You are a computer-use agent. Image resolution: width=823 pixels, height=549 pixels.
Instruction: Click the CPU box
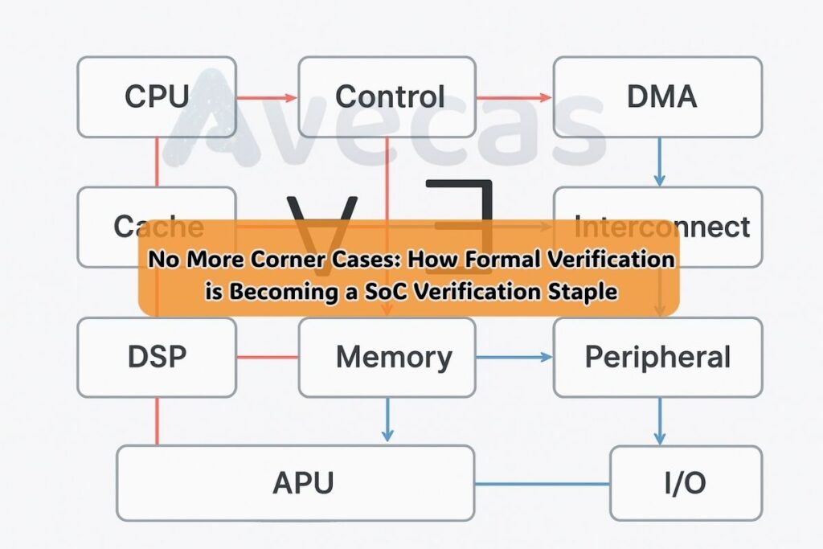157,96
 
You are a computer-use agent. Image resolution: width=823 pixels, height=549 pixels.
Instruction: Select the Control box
389,96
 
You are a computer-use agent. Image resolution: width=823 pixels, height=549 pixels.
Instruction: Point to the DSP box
157,357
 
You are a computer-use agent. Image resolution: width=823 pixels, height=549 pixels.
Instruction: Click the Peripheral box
657,357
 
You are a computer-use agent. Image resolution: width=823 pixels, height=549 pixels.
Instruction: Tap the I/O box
685,483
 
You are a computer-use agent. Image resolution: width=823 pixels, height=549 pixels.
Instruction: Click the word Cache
158,226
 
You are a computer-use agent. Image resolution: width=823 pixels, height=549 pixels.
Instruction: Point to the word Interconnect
662,226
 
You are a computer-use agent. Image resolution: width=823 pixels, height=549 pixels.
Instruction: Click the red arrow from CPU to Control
267,98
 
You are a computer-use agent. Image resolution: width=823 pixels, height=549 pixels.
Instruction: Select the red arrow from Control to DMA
514,98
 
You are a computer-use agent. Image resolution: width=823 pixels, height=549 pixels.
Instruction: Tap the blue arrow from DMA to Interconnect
659,161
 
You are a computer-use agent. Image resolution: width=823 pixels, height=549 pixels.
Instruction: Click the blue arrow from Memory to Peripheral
514,357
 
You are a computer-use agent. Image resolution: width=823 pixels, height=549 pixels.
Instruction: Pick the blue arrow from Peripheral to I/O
659,420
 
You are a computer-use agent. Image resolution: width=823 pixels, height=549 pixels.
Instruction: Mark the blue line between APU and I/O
542,484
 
